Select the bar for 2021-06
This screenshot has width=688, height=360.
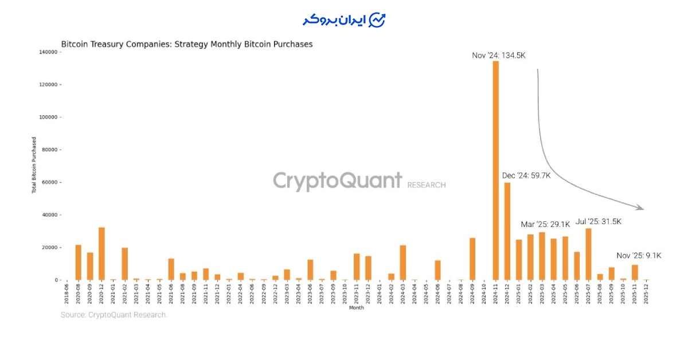coord(171,269)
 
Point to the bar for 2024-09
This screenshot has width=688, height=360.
coord(472,259)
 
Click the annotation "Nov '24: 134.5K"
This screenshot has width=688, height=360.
coord(498,56)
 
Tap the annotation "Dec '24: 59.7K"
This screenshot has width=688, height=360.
coord(526,175)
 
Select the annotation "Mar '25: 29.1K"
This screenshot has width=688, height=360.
coord(545,224)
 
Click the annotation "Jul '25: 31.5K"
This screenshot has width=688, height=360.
coord(598,221)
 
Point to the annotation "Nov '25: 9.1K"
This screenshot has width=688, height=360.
coord(638,256)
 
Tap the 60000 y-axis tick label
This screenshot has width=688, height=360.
coord(50,182)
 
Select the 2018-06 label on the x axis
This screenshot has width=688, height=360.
coord(67,295)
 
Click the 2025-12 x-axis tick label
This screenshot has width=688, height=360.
coord(646,295)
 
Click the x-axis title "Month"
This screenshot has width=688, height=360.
coord(356,308)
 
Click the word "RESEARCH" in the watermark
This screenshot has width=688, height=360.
coord(426,185)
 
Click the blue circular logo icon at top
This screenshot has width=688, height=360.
coord(377,19)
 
